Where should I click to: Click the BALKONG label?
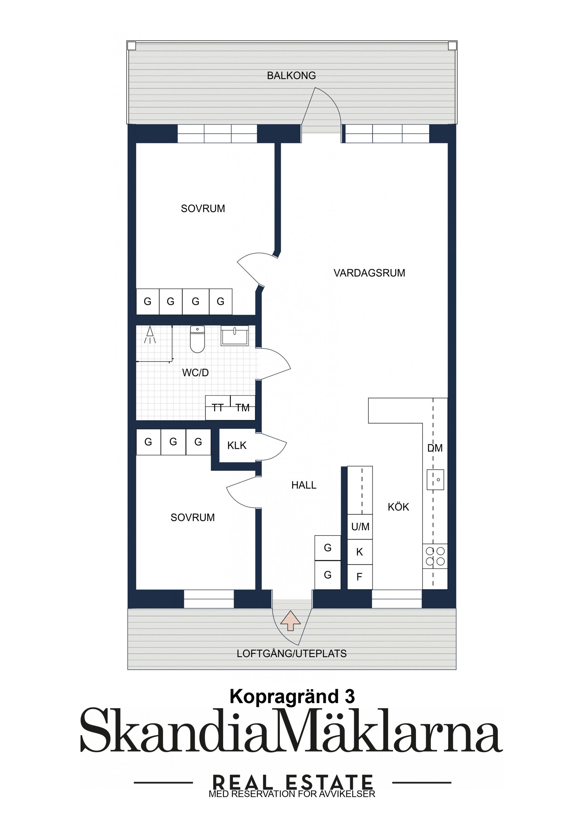pyautogui.click(x=291, y=75)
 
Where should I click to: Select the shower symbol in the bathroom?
pyautogui.click(x=150, y=335)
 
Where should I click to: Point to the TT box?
pyautogui.click(x=218, y=408)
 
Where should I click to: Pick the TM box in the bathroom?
pyautogui.click(x=242, y=408)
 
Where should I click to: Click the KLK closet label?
pyautogui.click(x=237, y=445)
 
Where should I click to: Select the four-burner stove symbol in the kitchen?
pyautogui.click(x=435, y=556)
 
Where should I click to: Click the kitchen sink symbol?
pyautogui.click(x=435, y=480)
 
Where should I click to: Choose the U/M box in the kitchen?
pyautogui.click(x=360, y=527)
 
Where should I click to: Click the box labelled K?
pyautogui.click(x=360, y=552)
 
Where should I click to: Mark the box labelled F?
pyautogui.click(x=360, y=577)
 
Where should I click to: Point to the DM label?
pyautogui.click(x=435, y=448)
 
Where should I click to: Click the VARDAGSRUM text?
pyautogui.click(x=369, y=273)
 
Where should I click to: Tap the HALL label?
pyautogui.click(x=304, y=485)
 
